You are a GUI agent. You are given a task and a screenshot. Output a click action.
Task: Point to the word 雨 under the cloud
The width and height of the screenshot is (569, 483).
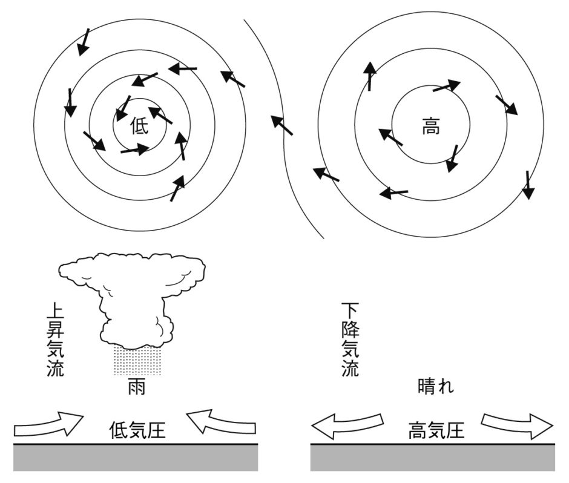coord(136,387)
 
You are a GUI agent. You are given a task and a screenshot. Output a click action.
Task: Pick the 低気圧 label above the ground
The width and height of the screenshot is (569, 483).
coord(137,430)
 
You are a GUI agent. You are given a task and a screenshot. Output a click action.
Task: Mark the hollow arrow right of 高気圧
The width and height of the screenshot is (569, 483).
coord(518,425)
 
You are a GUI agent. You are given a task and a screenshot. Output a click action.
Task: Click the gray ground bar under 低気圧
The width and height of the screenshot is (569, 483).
coord(136,458)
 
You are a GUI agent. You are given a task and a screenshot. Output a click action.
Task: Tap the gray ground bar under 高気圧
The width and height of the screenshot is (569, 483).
coord(433,458)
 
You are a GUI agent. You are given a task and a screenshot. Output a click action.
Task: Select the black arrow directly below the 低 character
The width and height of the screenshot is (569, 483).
coord(134,149)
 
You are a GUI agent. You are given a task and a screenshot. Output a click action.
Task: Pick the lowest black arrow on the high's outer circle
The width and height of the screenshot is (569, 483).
coord(528,185)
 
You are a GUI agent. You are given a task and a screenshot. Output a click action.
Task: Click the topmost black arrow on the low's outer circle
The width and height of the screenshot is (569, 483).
coord(84,41)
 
